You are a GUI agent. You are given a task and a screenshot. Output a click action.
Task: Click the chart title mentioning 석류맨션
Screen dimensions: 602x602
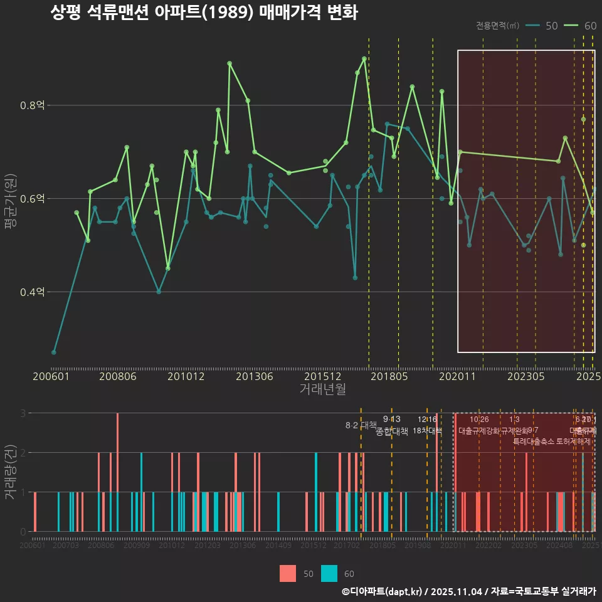pyautogui.click(x=204, y=13)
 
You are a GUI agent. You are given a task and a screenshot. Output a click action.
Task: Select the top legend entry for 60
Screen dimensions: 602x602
pyautogui.click(x=580, y=26)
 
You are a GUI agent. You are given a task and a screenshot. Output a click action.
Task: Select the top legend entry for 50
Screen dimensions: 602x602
pyautogui.click(x=541, y=26)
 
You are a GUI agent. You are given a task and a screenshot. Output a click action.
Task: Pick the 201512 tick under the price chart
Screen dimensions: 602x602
pyautogui.click(x=322, y=377)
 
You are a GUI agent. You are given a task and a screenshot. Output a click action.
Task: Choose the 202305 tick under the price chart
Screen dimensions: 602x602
pyautogui.click(x=525, y=377)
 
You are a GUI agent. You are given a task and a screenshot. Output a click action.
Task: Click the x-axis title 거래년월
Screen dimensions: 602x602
pyautogui.click(x=322, y=389)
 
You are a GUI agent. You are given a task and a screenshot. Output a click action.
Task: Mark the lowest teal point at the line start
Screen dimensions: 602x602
pyautogui.click(x=54, y=352)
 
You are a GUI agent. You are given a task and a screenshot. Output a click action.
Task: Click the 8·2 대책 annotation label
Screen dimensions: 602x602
pyautogui.click(x=361, y=425)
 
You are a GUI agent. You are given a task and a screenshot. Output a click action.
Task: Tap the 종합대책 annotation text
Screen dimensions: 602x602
pyautogui.click(x=392, y=431)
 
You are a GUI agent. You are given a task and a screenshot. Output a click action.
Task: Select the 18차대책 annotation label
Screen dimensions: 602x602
pyautogui.click(x=427, y=431)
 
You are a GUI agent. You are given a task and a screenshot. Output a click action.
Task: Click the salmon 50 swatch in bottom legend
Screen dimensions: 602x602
pyautogui.click(x=288, y=573)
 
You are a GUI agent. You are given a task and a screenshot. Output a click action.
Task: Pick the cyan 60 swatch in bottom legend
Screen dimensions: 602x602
pyautogui.click(x=329, y=573)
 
